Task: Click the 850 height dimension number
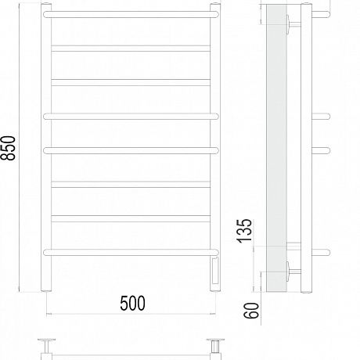coord(9,148)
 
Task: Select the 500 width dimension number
coord(132,303)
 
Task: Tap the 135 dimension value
coord(245,231)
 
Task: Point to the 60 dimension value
coord(251,311)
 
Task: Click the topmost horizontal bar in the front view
coord(131,14)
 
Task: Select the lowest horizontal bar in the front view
coord(131,252)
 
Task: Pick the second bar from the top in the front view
coord(131,49)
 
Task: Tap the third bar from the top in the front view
coord(131,82)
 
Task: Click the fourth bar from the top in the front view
coord(131,117)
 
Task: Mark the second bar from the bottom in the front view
coord(131,218)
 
